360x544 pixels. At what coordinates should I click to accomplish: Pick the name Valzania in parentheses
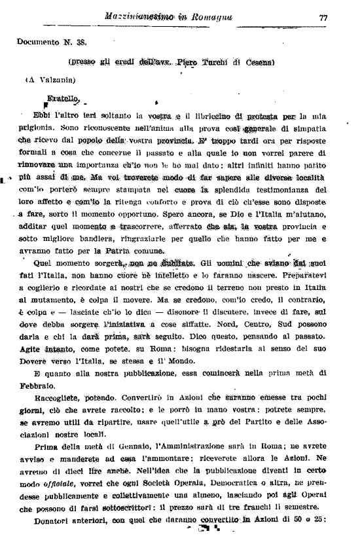(x=52, y=81)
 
